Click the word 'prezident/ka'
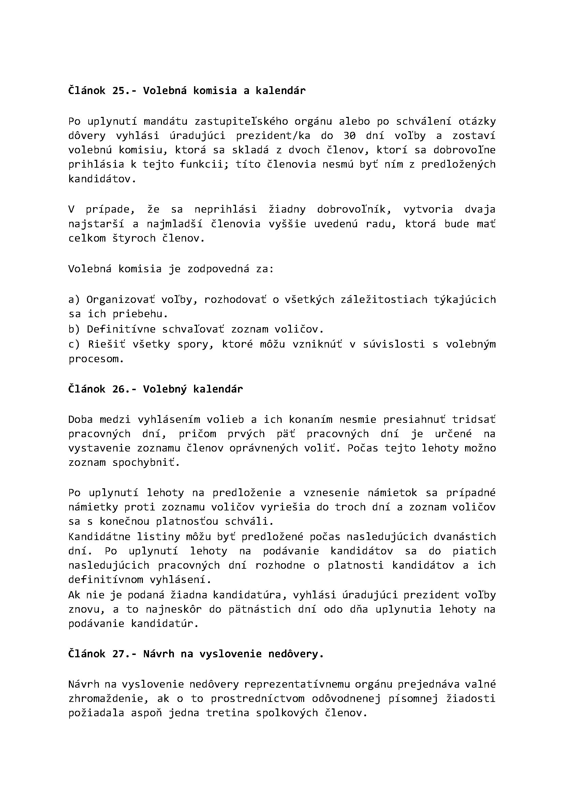pyautogui.click(x=273, y=136)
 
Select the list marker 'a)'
pyautogui.click(x=74, y=299)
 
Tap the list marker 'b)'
pyautogui.click(x=74, y=329)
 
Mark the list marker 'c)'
pyautogui.click(x=74, y=344)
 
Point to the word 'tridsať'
pyautogui.click(x=474, y=419)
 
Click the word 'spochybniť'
pyautogui.click(x=146, y=463)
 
